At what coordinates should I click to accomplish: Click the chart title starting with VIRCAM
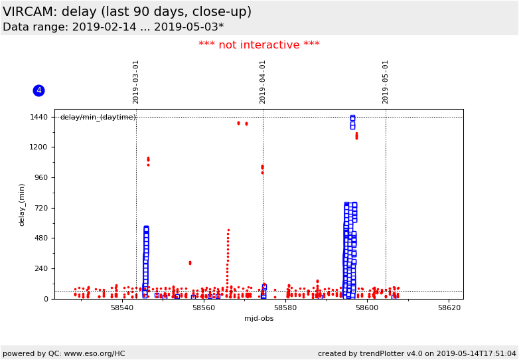coord(127,12)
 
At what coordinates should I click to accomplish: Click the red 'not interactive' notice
coord(259,45)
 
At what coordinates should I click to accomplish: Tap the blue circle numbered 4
coord(38,90)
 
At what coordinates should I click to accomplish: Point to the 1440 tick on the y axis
coord(38,117)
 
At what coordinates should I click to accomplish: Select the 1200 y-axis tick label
coord(38,147)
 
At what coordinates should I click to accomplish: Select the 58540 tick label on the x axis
coord(123,308)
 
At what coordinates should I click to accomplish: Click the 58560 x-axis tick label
coord(204,308)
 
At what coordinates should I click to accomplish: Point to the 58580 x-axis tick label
coord(286,308)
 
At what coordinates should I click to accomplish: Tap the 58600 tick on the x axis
coord(368,308)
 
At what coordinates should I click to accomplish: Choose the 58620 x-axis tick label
coord(449,308)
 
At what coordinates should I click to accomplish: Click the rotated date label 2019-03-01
coord(136,82)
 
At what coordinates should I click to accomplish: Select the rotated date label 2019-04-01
coord(263,82)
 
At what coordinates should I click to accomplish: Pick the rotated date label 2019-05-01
coord(386,82)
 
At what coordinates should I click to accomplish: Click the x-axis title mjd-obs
coord(259,319)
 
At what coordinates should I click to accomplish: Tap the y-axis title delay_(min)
coord(21,205)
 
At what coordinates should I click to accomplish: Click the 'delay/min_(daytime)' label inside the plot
coord(98,118)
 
